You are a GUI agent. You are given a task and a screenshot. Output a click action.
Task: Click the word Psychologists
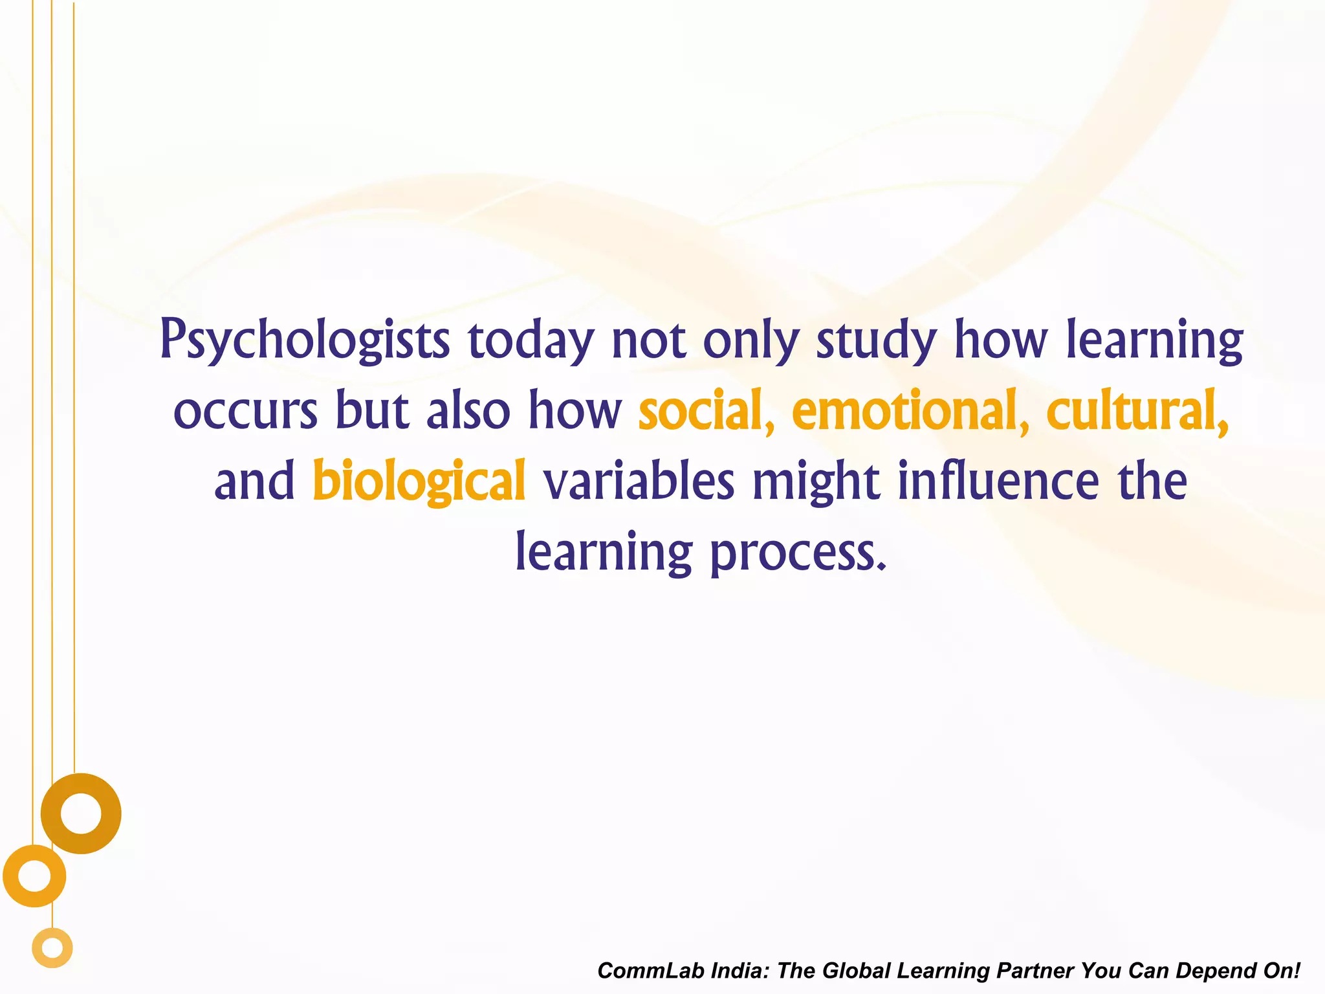tap(305, 340)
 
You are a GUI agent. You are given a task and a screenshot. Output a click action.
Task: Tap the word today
tap(531, 340)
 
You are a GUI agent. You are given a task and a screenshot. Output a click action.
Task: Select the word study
tap(876, 340)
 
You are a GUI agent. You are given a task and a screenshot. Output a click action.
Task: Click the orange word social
tap(706, 411)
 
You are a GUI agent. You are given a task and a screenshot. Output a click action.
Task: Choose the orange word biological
tap(419, 481)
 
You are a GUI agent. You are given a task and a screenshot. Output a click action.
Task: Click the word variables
tap(639, 481)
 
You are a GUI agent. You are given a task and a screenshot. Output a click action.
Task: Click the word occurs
tap(246, 411)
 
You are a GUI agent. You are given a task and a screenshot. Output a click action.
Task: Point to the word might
tap(816, 481)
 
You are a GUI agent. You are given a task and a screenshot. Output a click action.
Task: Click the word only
tap(751, 340)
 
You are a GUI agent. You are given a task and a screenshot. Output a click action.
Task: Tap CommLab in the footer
tap(651, 971)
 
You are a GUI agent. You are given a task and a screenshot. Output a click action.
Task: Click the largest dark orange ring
tap(81, 813)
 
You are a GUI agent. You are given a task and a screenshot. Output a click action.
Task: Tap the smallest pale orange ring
tap(52, 948)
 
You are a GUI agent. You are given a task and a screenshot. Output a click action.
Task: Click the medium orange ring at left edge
tap(34, 876)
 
